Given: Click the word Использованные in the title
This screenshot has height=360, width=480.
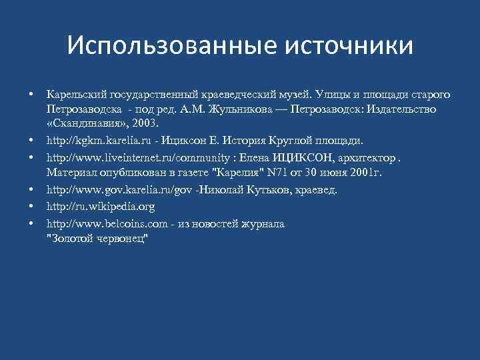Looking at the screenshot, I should click(x=171, y=46).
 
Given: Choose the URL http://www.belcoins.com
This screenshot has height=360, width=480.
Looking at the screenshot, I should click(x=101, y=223).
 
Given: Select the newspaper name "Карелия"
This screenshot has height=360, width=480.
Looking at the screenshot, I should click(x=236, y=174).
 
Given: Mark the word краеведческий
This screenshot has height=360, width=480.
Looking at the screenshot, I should click(x=213, y=91).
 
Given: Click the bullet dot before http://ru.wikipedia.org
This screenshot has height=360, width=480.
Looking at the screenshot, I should click(x=31, y=207).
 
